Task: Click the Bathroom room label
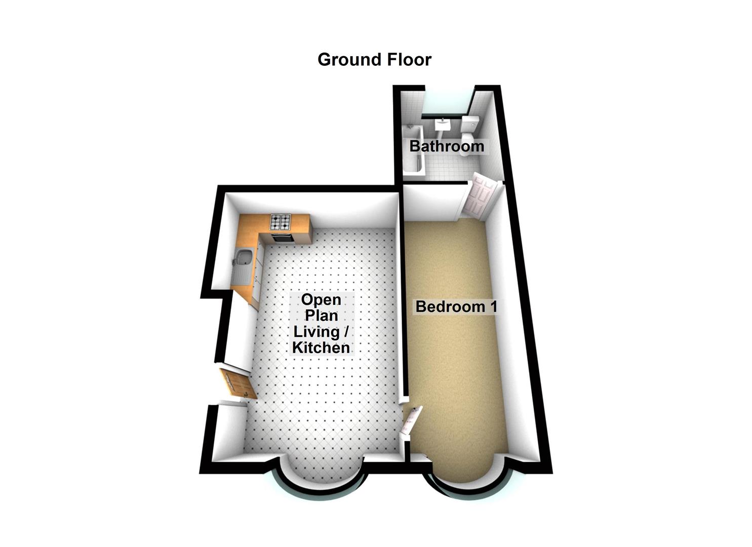click(447, 146)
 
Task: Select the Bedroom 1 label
click(456, 306)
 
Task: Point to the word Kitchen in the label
click(321, 348)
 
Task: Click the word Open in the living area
click(321, 299)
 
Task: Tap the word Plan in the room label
click(321, 316)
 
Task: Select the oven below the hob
click(282, 237)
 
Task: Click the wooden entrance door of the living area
click(235, 383)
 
